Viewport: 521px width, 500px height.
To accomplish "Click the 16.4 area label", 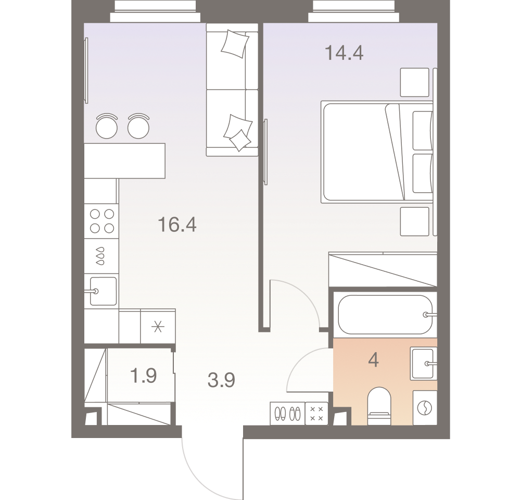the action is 177,224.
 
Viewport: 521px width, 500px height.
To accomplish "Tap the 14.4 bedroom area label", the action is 344,53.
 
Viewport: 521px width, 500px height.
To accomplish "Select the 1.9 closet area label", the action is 143,376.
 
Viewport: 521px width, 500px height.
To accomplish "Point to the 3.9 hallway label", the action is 221,380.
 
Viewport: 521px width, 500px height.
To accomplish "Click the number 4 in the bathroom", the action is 374,360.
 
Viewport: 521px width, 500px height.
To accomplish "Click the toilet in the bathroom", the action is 379,406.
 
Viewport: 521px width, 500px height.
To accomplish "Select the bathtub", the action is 386,315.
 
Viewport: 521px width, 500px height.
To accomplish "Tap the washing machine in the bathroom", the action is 425,408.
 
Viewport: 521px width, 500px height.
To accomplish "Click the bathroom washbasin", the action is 424,364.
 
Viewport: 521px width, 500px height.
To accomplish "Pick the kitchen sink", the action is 103,291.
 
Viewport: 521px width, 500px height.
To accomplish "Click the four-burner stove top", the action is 101,221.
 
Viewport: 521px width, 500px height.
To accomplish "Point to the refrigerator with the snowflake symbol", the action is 158,327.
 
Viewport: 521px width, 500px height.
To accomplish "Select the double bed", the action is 377,152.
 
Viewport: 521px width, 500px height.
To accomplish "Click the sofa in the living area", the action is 232,90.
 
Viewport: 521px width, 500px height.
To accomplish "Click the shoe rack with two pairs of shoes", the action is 287,414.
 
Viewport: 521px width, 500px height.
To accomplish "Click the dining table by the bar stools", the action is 124,160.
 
